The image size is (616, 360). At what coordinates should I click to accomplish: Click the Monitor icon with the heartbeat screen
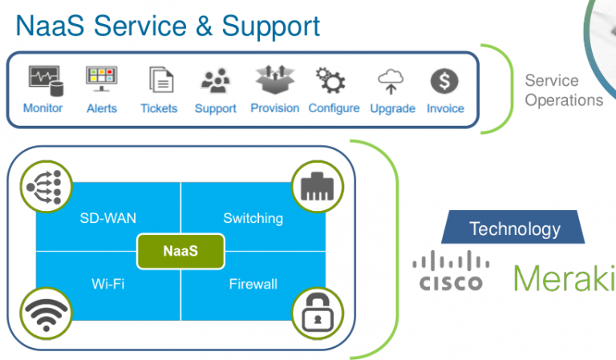pyautogui.click(x=43, y=79)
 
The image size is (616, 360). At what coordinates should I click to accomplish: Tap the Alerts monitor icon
pyautogui.click(x=101, y=79)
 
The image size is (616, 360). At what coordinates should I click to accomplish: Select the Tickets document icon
pyautogui.click(x=160, y=80)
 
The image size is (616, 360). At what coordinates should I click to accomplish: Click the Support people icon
pyautogui.click(x=215, y=80)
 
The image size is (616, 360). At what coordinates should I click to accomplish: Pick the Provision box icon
pyautogui.click(x=274, y=79)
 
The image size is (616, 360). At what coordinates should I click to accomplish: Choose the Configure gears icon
pyautogui.click(x=333, y=79)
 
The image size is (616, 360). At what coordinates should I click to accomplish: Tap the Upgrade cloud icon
pyautogui.click(x=392, y=80)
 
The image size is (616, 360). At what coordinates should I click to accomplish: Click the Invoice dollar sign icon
pyautogui.click(x=445, y=80)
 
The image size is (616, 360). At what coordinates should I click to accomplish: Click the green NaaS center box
pyautogui.click(x=180, y=250)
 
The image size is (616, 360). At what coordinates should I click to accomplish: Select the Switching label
pyautogui.click(x=253, y=218)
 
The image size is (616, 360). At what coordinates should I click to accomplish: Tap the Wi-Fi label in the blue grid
pyautogui.click(x=108, y=284)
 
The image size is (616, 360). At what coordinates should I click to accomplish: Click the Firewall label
pyautogui.click(x=253, y=284)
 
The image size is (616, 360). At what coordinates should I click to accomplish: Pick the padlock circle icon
pyautogui.click(x=317, y=313)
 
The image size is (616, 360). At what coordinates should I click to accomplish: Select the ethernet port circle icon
pyautogui.click(x=317, y=188)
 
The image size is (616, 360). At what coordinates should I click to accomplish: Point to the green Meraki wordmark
pyautogui.click(x=563, y=277)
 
